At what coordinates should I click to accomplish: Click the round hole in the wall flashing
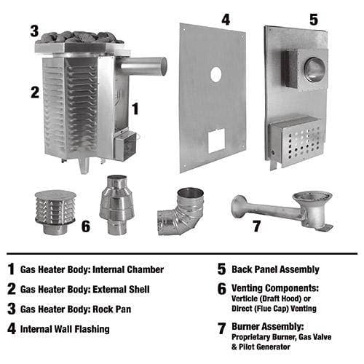(216, 74)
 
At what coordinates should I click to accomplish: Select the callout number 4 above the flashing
(205, 19)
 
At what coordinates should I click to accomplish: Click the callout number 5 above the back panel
(313, 20)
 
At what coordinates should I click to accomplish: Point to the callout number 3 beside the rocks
(33, 31)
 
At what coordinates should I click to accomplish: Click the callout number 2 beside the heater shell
(33, 92)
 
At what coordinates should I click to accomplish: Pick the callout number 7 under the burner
(255, 226)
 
